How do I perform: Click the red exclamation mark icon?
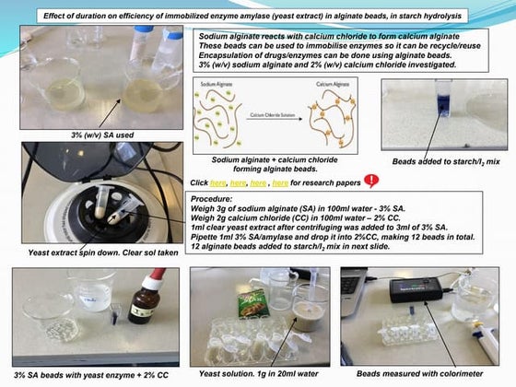[371, 181]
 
